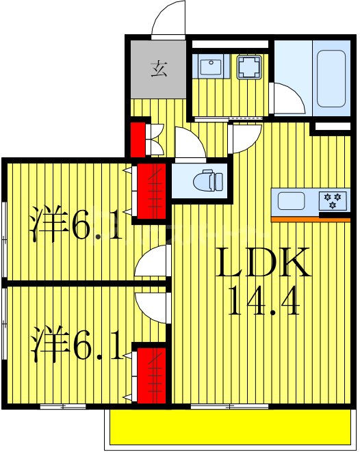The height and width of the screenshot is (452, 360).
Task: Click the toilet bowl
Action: point(207,181)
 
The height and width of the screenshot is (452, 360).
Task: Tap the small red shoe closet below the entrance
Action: point(140,139)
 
